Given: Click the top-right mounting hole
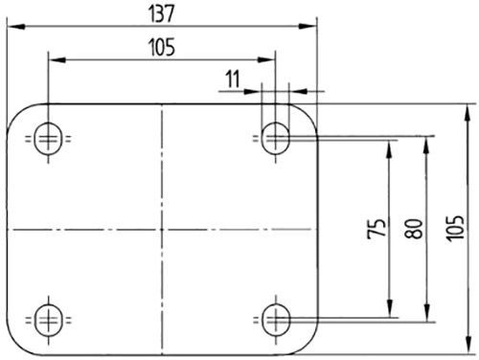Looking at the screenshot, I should click(x=277, y=140).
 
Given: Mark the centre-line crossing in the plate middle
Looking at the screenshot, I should click(x=162, y=230).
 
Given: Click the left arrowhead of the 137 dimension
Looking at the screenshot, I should click(x=11, y=26).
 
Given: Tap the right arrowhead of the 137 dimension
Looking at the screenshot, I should click(x=309, y=26).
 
